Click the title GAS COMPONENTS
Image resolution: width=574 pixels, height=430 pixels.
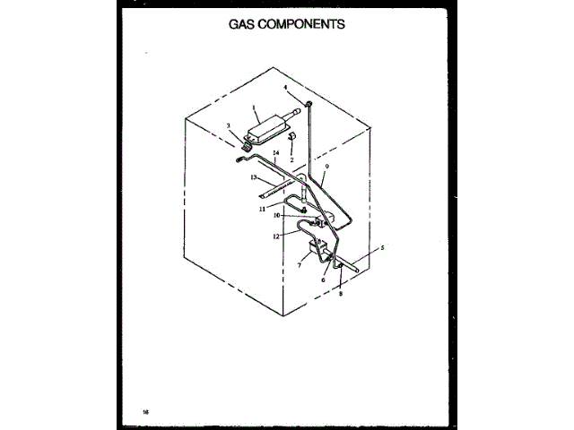[287, 25]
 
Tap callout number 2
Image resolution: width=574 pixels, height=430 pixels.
[291, 159]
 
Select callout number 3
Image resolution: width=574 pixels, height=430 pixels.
[229, 126]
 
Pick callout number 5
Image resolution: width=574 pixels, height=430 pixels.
[382, 246]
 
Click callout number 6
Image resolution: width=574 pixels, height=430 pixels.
[322, 279]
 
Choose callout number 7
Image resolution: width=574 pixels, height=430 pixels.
[300, 265]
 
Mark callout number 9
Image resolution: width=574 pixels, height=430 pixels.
[327, 167]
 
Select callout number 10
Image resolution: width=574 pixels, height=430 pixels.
[278, 215]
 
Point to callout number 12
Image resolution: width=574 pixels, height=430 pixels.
[277, 236]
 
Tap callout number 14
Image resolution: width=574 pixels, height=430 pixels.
[276, 154]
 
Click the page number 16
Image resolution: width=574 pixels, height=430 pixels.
[145, 411]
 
